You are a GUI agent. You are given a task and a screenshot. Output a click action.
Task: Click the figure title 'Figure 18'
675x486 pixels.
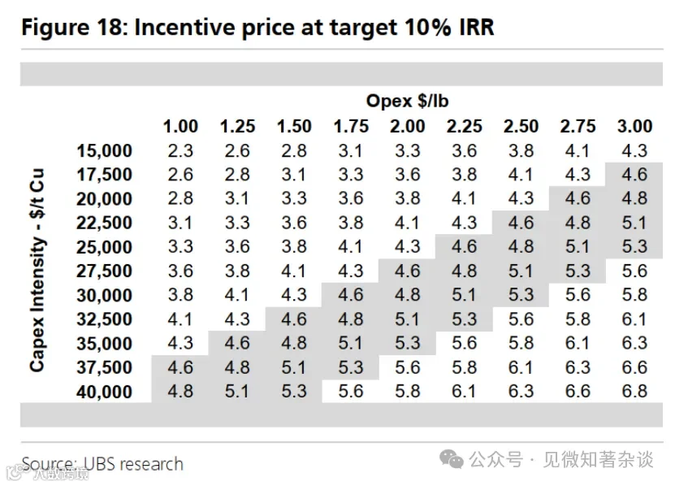pos(73,28)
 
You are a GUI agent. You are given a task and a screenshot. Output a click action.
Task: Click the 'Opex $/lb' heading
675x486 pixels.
pos(407,101)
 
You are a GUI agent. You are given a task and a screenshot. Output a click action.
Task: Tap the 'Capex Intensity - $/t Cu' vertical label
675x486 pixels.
pos(37,270)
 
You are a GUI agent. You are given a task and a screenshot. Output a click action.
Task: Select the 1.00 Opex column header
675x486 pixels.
pos(180,126)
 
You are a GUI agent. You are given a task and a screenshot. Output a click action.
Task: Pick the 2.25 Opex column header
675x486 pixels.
pos(464,126)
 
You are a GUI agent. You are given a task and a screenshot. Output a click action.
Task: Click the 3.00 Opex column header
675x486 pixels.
pos(634,126)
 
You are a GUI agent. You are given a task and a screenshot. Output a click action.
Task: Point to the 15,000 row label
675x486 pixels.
pos(104,151)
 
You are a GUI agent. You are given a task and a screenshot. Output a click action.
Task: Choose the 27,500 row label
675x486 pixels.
pos(104,271)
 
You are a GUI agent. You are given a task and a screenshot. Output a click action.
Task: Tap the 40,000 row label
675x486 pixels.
pos(104,392)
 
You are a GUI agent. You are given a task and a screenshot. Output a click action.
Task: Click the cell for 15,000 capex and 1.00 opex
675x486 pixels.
pos(180,151)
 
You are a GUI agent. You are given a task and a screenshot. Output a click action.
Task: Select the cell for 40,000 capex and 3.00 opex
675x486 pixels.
pos(634,391)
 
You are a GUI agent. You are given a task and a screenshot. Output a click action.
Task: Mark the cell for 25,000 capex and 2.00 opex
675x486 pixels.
pos(407,246)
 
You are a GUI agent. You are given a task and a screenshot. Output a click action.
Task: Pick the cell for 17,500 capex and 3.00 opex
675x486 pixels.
pos(634,175)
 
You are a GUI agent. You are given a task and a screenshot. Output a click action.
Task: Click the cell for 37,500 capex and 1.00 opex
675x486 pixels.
pos(180,367)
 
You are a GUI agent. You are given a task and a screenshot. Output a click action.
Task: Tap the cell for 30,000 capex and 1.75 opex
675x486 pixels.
pos(351,295)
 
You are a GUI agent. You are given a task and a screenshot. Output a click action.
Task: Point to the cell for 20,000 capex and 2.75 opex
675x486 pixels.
pos(578,198)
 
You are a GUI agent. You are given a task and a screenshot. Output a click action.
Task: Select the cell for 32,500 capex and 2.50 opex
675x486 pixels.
pos(521,319)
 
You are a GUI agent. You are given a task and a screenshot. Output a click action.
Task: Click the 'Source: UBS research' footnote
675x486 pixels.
pos(102,464)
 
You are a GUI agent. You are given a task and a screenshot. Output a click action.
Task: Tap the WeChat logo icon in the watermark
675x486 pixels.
pos(451,459)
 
